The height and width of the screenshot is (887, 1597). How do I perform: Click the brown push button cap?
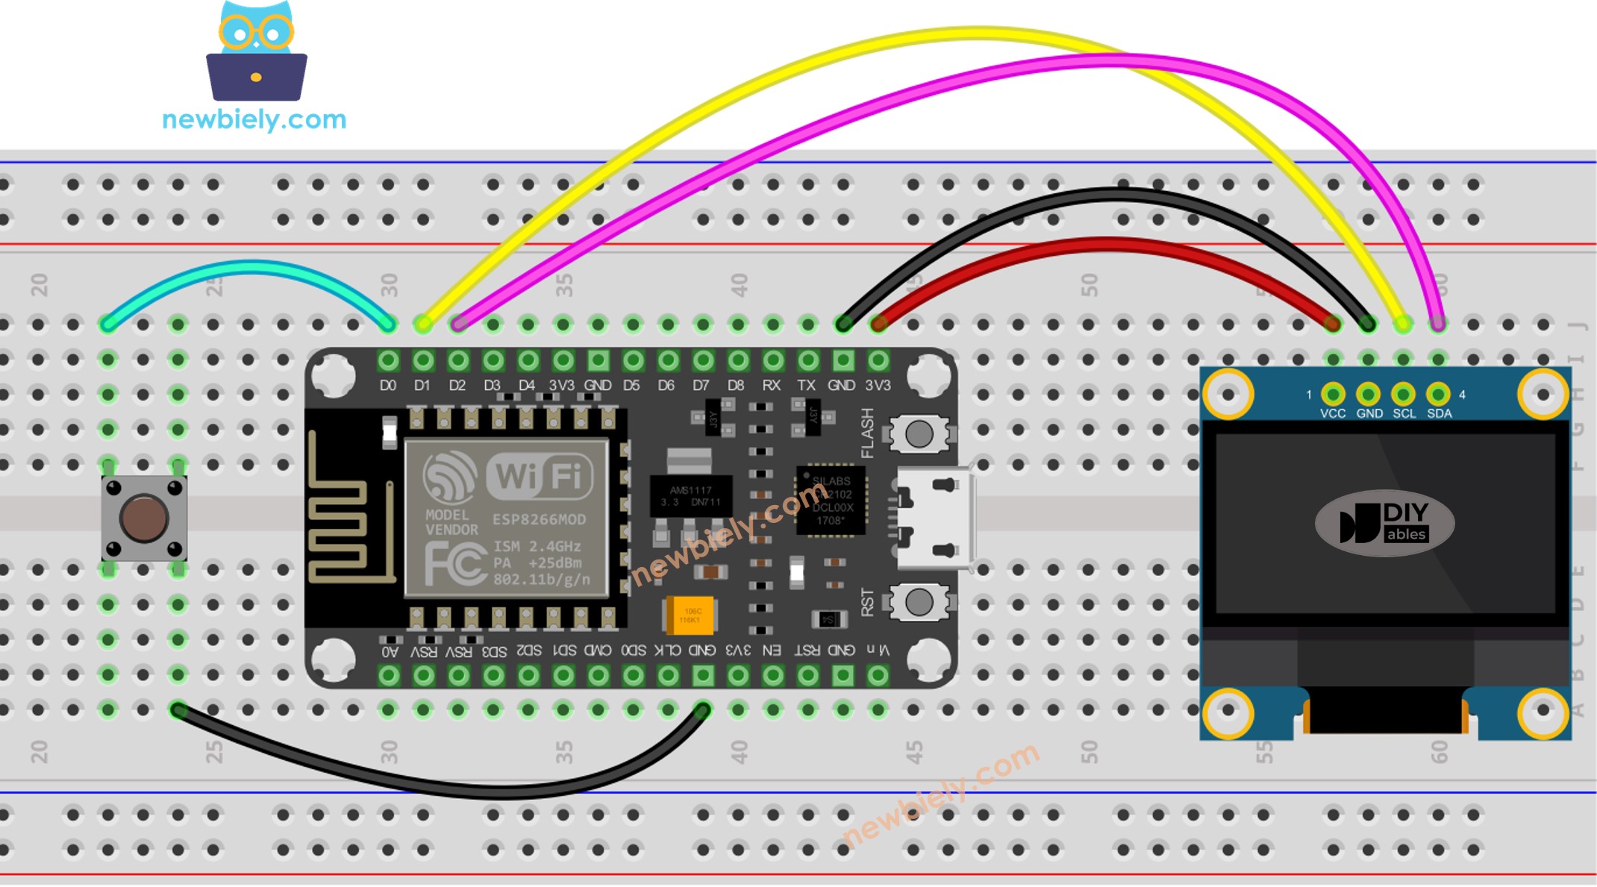point(143,518)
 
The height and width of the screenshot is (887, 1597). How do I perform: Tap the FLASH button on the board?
point(919,433)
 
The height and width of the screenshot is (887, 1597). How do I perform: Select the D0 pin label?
point(388,386)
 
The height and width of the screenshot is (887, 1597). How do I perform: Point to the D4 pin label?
point(527,386)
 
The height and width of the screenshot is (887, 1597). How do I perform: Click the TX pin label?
point(806,386)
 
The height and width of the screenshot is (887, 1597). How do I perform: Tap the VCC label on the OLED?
point(1332,413)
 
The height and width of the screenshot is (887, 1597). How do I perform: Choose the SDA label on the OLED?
point(1439,413)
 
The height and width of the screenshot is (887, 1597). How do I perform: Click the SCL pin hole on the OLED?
point(1403,393)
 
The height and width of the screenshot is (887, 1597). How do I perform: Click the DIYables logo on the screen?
point(1384,523)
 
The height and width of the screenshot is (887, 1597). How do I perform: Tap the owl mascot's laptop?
point(256,77)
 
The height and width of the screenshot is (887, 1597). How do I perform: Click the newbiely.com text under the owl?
point(254,119)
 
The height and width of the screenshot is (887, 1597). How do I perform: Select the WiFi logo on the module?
point(539,476)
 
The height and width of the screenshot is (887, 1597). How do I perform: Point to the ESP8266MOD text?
point(539,519)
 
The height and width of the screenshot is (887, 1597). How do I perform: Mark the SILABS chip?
point(831,501)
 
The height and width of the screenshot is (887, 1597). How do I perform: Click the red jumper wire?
point(1104,245)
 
